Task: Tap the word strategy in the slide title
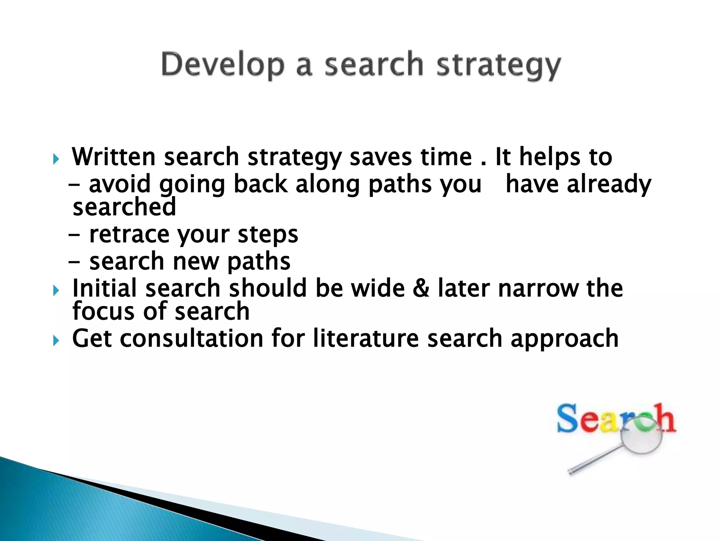click(498, 66)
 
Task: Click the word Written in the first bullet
click(113, 157)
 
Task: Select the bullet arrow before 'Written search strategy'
click(56, 159)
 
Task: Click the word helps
click(550, 157)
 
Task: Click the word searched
click(124, 207)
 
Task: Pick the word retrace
click(129, 235)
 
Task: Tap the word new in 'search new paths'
click(195, 262)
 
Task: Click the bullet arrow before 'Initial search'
click(56, 291)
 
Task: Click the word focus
click(103, 311)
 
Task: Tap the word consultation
click(192, 338)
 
